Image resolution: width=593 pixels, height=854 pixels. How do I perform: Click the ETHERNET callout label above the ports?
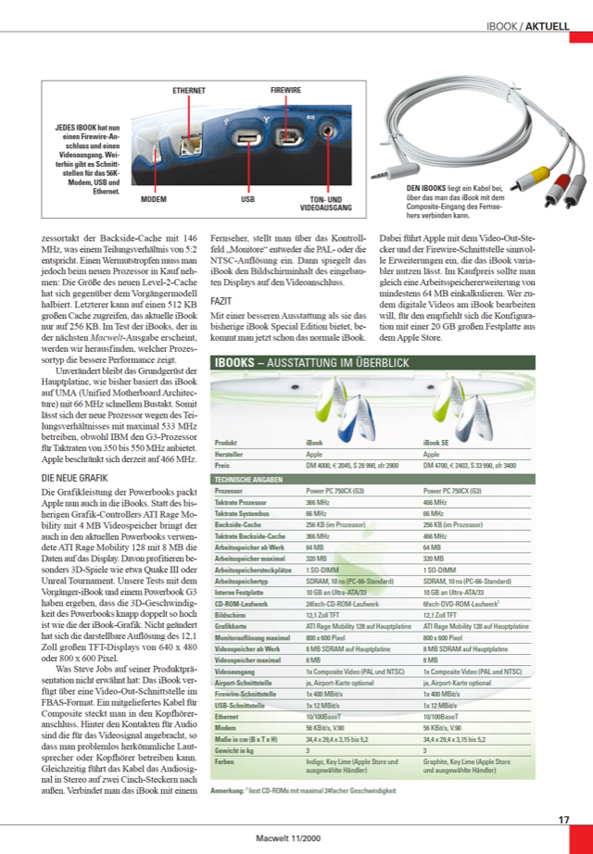pos(190,90)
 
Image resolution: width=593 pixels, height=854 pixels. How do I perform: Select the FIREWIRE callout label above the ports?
pos(285,90)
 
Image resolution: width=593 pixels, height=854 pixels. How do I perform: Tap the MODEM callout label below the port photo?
pos(154,199)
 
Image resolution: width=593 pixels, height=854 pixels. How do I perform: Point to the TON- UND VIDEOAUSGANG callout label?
pos(325,203)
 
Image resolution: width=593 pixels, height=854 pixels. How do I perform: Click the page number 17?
pos(563,819)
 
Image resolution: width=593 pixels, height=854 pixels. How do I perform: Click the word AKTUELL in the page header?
pos(547,27)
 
